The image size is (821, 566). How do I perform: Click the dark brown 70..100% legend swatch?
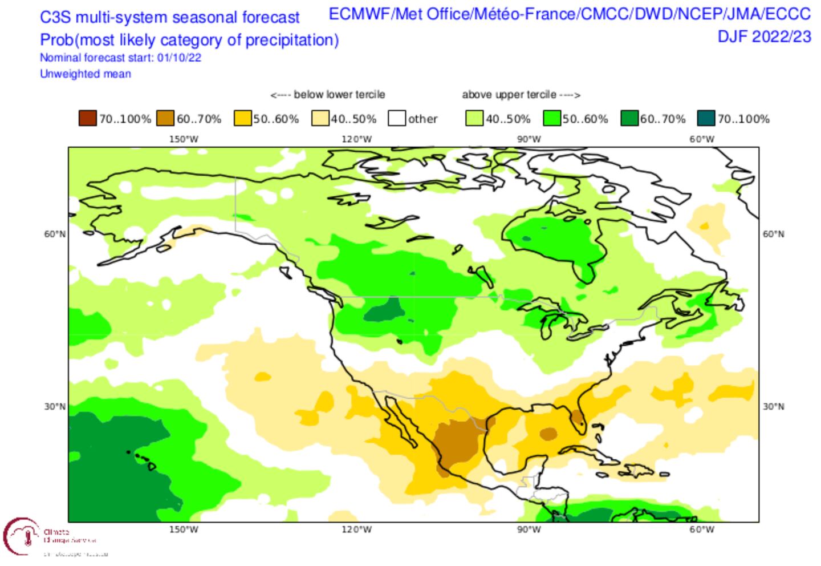[88, 119]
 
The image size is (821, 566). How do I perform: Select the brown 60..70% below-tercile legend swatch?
[165, 119]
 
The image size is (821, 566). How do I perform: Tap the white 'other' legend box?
[397, 119]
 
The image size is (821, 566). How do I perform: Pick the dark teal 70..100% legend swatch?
[707, 119]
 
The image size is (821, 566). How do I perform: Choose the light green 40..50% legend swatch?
[474, 119]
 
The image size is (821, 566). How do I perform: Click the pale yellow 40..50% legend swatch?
[320, 119]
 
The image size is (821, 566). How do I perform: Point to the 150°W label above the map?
[184, 139]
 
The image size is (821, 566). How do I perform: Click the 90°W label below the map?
[529, 529]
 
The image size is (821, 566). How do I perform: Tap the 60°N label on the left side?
[55, 234]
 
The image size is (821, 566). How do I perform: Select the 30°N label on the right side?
[774, 406]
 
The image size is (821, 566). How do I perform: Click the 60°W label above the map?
[702, 139]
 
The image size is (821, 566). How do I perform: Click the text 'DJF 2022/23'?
[764, 37]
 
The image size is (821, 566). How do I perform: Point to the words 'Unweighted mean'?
[86, 74]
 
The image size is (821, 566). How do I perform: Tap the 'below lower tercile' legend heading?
[328, 95]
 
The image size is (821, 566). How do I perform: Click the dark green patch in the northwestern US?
[384, 310]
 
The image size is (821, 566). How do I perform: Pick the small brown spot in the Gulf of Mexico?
[548, 434]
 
